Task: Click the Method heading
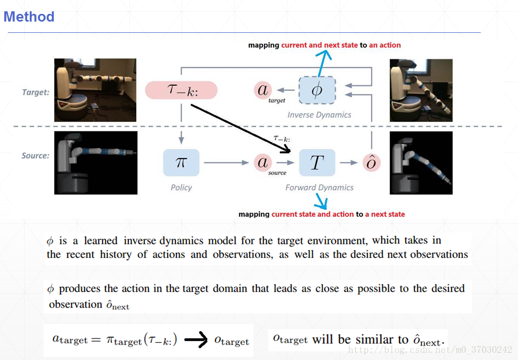[x=29, y=17]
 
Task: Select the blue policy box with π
[x=181, y=163]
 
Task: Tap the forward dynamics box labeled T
[x=317, y=163]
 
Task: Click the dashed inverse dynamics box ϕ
[x=317, y=90]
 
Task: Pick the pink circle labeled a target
[x=263, y=90]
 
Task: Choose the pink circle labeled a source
[x=263, y=163]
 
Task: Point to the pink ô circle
[x=371, y=163]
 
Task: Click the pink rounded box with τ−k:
[x=182, y=90]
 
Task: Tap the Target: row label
[x=35, y=92]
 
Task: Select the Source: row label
[x=35, y=156]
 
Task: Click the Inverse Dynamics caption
[x=319, y=115]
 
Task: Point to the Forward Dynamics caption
[x=319, y=187]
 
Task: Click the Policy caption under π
[x=181, y=187]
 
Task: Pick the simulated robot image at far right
[x=421, y=163]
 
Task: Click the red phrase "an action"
[x=385, y=45]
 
